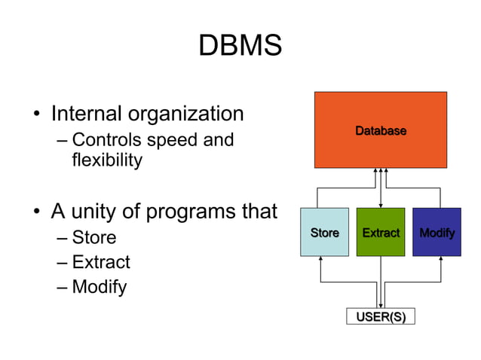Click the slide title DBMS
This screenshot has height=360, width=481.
(240, 46)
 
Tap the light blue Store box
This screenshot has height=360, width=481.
(324, 233)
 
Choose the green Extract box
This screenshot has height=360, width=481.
(380, 233)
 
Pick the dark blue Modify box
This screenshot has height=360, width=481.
(437, 233)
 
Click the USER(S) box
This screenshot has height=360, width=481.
(380, 316)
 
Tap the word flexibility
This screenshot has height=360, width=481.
(106, 160)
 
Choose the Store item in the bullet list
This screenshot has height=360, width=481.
(94, 238)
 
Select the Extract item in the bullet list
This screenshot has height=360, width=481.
(101, 262)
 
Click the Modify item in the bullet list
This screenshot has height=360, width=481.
(100, 287)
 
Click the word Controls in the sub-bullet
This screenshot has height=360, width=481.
(106, 140)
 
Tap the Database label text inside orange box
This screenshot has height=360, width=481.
(380, 131)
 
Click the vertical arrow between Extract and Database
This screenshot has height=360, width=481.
(381, 188)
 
